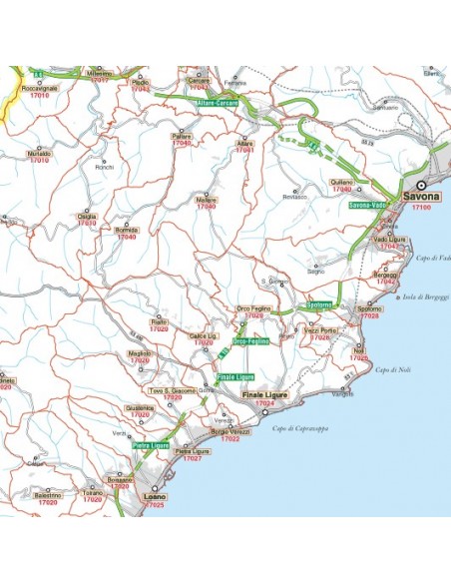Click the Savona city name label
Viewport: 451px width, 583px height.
421,197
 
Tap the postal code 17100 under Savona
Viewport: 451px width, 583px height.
420,208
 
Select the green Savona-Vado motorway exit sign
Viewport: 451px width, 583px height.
367,205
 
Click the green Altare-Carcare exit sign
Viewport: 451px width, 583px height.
216,102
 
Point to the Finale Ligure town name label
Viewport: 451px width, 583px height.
264,395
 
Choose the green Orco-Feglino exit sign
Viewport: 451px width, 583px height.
251,341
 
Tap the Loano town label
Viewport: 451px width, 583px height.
155,496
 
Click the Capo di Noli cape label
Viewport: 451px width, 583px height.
389,370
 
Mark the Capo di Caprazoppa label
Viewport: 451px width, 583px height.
298,427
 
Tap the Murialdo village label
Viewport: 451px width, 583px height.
40,154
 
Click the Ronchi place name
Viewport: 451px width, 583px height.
105,167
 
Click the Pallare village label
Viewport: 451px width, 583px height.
182,135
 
